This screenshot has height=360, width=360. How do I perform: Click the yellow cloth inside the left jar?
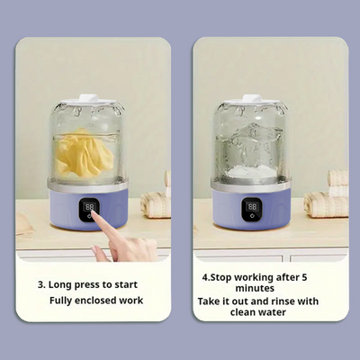(x=84, y=153)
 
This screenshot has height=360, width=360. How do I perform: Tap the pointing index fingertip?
(x=94, y=213)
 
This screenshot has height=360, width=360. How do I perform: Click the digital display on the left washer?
(x=90, y=207)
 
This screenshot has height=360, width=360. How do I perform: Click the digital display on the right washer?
(x=252, y=206)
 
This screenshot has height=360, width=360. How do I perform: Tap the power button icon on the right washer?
(x=252, y=216)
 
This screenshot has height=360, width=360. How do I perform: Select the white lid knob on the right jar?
(x=251, y=98)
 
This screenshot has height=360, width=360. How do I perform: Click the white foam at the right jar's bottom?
(x=252, y=173)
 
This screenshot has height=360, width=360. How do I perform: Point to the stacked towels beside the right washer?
(x=328, y=193)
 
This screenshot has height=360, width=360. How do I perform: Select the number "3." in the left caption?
(x=41, y=285)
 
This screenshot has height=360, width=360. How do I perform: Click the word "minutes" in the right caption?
(x=255, y=288)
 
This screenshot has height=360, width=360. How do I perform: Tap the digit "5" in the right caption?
(x=304, y=277)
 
